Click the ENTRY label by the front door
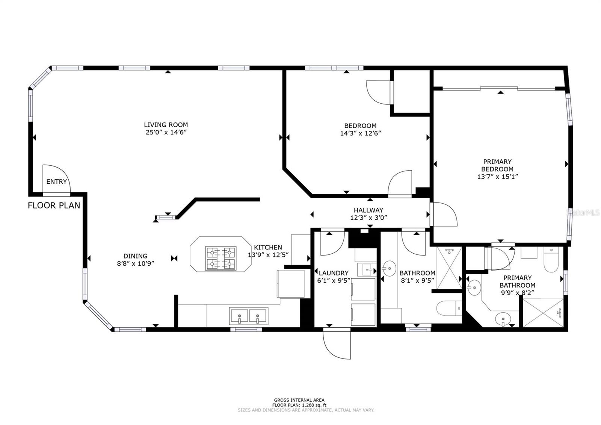pyautogui.click(x=56, y=182)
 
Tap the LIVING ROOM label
pyautogui.click(x=166, y=125)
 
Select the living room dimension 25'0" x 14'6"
pyautogui.click(x=166, y=132)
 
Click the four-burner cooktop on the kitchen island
pyautogui.click(x=221, y=258)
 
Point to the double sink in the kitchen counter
pyautogui.click(x=248, y=316)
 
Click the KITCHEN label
pyautogui.click(x=268, y=247)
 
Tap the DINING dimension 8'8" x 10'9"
pyautogui.click(x=136, y=263)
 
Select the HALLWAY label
pyautogui.click(x=368, y=210)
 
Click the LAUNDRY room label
pyautogui.click(x=334, y=273)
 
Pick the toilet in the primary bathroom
pyautogui.click(x=551, y=259)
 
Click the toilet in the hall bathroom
pyautogui.click(x=449, y=308)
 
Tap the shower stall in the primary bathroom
pyautogui.click(x=543, y=313)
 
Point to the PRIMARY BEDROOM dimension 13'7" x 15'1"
pyautogui.click(x=497, y=177)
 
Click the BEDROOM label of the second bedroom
pyautogui.click(x=360, y=126)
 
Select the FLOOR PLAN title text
pyautogui.click(x=54, y=206)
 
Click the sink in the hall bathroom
pyautogui.click(x=389, y=268)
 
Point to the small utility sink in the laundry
pyautogui.click(x=367, y=269)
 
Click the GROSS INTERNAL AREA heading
pyautogui.click(x=299, y=400)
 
